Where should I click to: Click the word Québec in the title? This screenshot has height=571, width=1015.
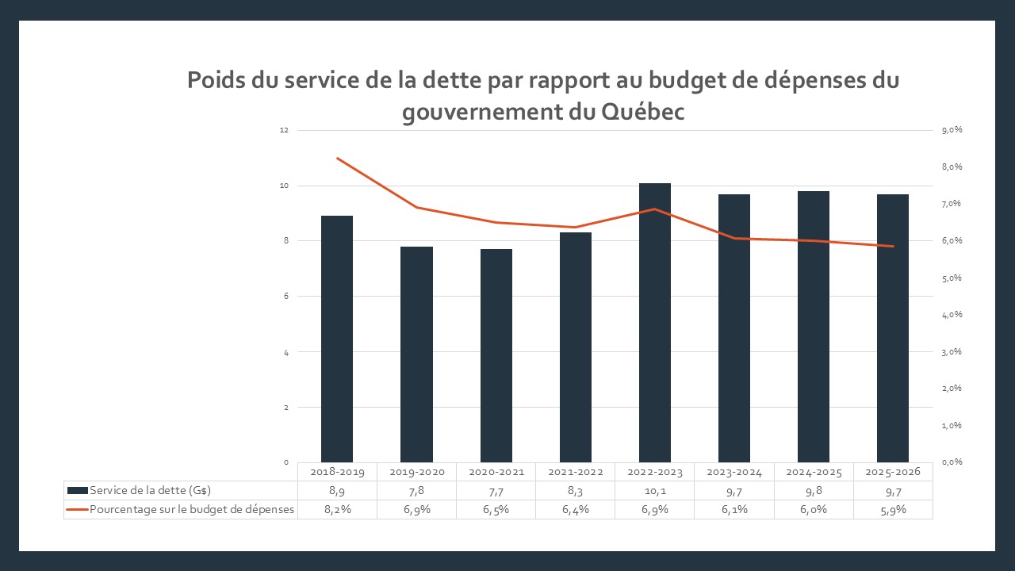[x=643, y=113]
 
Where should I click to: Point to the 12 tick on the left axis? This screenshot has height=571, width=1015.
[x=285, y=130]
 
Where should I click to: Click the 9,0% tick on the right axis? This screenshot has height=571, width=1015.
[x=952, y=130]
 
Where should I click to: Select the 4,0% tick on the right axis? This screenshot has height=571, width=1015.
[x=952, y=315]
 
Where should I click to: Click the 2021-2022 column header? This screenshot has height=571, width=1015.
[x=576, y=472]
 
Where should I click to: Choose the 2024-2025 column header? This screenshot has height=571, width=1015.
[x=814, y=472]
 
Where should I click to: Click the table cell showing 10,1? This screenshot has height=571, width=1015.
[x=655, y=491]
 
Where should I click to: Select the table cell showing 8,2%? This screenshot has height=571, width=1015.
[x=337, y=510]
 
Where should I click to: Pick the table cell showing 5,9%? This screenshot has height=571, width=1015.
[x=893, y=510]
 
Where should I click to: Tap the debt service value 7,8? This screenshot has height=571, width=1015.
[x=416, y=491]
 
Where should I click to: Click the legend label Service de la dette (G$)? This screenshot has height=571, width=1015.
[x=150, y=491]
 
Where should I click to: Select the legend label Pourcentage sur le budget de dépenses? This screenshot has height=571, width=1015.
[x=192, y=510]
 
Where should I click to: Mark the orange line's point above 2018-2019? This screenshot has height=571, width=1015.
[x=337, y=159]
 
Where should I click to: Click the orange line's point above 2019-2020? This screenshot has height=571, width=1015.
[x=416, y=207]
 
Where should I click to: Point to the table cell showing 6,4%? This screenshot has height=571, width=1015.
[x=576, y=510]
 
